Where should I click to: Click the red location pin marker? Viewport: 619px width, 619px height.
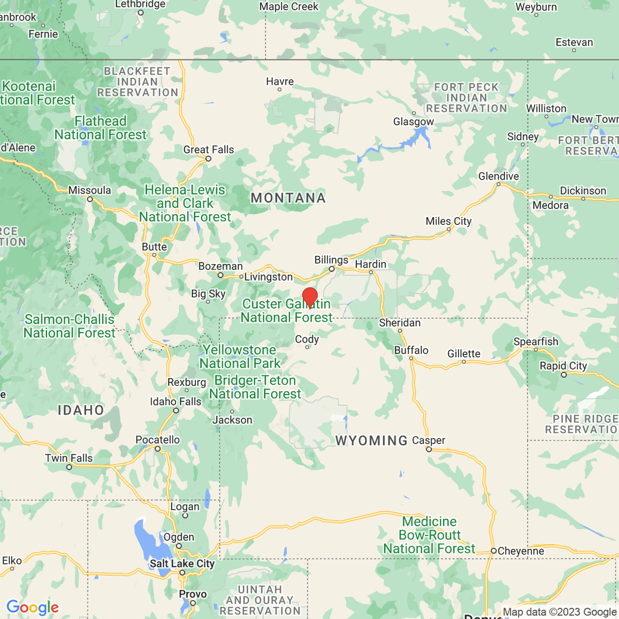pyautogui.click(x=309, y=298)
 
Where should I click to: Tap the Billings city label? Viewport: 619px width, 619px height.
pyautogui.click(x=331, y=260)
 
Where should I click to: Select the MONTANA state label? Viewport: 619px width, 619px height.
pyautogui.click(x=288, y=198)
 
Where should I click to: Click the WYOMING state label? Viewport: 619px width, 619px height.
pyautogui.click(x=371, y=441)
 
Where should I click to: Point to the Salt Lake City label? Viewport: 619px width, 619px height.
pyautogui.click(x=182, y=563)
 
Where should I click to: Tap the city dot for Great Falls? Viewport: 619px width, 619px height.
pyautogui.click(x=208, y=159)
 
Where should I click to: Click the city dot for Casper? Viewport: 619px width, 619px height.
pyautogui.click(x=429, y=449)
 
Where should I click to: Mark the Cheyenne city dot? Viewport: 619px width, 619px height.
pyautogui.click(x=494, y=551)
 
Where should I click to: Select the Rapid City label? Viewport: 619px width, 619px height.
pyautogui.click(x=563, y=366)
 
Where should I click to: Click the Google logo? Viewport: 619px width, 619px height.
pyautogui.click(x=32, y=608)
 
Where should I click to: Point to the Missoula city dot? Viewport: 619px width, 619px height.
pyautogui.click(x=90, y=199)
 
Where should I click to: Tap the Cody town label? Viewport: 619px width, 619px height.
pyautogui.click(x=307, y=339)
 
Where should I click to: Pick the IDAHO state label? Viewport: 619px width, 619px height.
pyautogui.click(x=81, y=410)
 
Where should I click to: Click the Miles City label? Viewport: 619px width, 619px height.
pyautogui.click(x=448, y=221)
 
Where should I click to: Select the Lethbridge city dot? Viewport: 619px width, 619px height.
pyautogui.click(x=140, y=12)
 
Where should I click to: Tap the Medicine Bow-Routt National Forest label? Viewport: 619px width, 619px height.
pyautogui.click(x=429, y=535)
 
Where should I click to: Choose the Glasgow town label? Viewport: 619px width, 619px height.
pyautogui.click(x=413, y=122)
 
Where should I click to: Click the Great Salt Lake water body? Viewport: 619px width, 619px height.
pyautogui.click(x=145, y=536)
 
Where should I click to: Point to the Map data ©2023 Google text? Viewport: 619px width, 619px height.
pyautogui.click(x=560, y=612)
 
